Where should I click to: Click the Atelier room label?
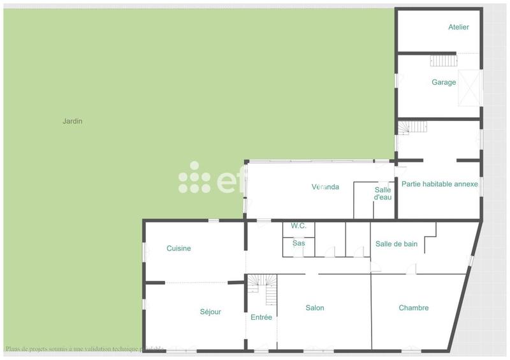(458, 27)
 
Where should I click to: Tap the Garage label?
(444, 82)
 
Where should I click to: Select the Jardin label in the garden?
(73, 121)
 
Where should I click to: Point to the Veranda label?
(325, 187)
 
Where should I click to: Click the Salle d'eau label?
(382, 194)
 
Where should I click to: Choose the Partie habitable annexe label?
(439, 184)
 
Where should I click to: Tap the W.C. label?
(298, 226)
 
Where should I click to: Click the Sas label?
(298, 243)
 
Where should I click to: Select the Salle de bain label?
(396, 243)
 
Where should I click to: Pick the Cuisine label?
(178, 248)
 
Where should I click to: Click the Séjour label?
(210, 312)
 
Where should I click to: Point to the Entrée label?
(261, 317)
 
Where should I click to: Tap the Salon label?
(315, 308)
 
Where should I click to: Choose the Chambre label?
(414, 308)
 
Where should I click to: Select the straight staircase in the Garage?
(444, 61)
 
